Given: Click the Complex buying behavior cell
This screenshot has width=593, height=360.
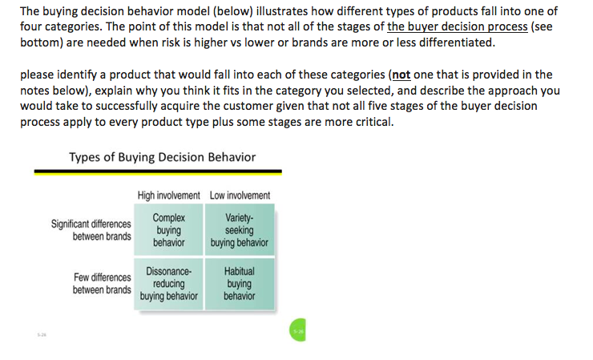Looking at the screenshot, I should tap(169, 229).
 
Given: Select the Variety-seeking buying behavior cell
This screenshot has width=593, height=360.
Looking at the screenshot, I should tap(240, 229).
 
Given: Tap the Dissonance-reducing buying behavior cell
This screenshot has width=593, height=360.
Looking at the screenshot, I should tap(169, 284).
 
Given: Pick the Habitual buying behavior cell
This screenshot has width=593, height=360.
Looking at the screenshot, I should tap(240, 284).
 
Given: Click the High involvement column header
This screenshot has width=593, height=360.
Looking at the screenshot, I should tap(169, 196).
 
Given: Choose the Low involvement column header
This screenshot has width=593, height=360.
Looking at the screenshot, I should tap(240, 196).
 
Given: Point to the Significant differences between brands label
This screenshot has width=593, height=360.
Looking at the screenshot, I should tap(91, 230).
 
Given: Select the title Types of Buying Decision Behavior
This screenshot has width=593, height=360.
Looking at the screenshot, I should tap(163, 157).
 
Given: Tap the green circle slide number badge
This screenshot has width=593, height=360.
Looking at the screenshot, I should tap(297, 330).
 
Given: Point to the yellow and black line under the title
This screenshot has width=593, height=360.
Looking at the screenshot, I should tap(158, 172).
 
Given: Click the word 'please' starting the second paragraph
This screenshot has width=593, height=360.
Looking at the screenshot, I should tap(37, 75).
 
